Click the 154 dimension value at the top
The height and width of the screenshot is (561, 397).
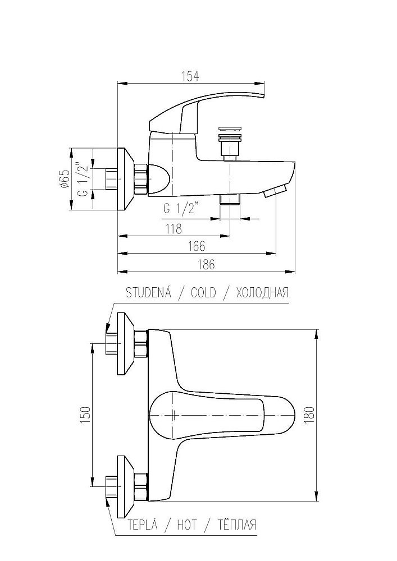click(190, 76)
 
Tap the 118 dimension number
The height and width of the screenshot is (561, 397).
click(174, 229)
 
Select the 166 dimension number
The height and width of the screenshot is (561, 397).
click(197, 246)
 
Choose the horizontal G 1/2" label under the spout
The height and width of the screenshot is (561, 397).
click(181, 209)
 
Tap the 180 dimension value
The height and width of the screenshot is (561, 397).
click(310, 415)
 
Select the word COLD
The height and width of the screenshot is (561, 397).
click(203, 293)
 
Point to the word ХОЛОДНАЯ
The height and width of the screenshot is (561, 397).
click(262, 293)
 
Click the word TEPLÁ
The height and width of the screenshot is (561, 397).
click(143, 525)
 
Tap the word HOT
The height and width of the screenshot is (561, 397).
click(187, 525)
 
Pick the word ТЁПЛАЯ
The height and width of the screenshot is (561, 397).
click(237, 525)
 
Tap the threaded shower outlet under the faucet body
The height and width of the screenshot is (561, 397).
click(230, 200)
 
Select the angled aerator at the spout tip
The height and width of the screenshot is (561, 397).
click(276, 191)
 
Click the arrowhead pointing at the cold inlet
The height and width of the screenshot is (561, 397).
click(107, 329)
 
